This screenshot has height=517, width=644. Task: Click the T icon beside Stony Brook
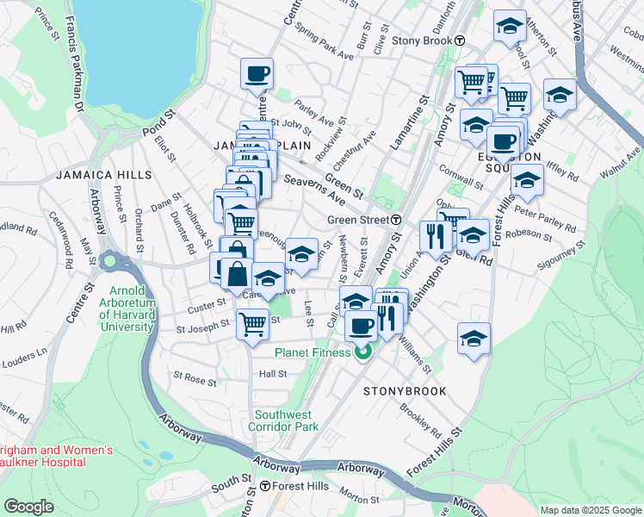click(x=461, y=40)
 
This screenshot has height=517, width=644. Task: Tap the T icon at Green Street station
click(x=397, y=220)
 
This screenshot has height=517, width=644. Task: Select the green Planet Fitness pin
click(x=362, y=352)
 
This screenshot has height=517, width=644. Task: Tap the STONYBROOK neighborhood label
click(x=404, y=390)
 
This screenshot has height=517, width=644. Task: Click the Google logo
click(x=29, y=507)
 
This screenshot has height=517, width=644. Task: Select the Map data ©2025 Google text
click(x=591, y=510)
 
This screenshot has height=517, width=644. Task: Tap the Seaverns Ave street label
click(x=314, y=189)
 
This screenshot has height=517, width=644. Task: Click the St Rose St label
click(x=195, y=377)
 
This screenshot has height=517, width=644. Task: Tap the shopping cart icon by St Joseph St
click(x=252, y=326)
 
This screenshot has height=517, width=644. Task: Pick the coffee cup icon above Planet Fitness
click(x=361, y=325)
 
